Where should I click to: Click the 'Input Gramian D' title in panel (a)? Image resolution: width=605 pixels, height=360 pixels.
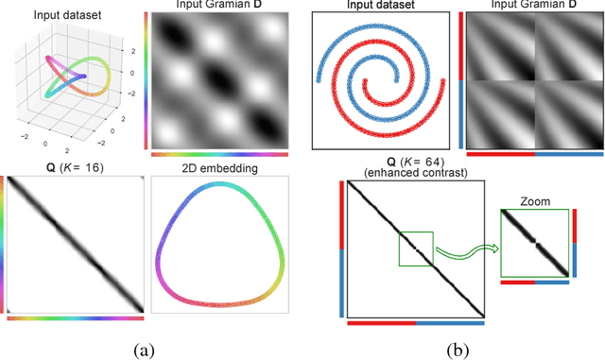(x=217, y=7)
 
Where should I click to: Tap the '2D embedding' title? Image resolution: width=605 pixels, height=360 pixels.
(x=216, y=166)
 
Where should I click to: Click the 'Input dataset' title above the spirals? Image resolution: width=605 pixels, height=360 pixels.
(x=381, y=6)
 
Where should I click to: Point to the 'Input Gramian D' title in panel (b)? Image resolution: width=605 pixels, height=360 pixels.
(x=534, y=7)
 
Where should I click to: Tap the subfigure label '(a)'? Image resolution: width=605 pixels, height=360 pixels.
(x=143, y=350)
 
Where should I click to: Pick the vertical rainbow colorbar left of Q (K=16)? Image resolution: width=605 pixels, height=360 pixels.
(x=3, y=246)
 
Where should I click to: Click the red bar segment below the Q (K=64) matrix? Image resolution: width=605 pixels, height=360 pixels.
(x=381, y=323)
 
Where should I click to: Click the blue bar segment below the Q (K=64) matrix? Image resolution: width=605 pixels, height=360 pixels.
(x=450, y=323)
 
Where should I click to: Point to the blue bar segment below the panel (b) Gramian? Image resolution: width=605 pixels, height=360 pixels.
(x=568, y=152)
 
